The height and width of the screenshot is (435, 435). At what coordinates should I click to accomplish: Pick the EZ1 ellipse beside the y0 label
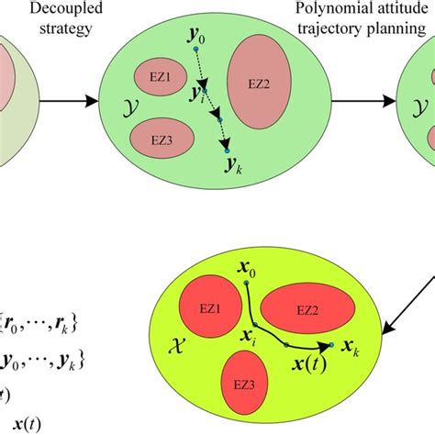(x=154, y=75)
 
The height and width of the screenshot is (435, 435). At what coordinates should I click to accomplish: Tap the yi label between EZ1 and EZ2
(x=196, y=95)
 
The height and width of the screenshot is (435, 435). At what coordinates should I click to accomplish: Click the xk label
(x=350, y=350)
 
